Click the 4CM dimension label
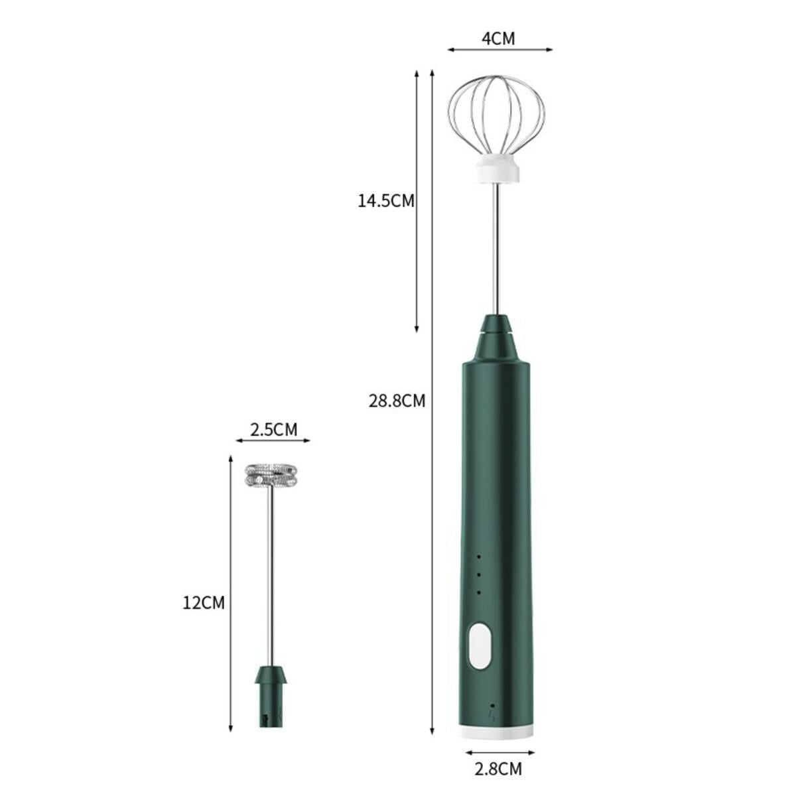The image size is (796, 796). (498, 38)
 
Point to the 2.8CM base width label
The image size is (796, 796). (499, 770)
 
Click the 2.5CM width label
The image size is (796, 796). (273, 429)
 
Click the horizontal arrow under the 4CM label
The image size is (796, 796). (499, 48)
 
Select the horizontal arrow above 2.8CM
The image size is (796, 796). (499, 753)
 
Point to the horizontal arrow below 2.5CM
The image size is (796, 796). (273, 439)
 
